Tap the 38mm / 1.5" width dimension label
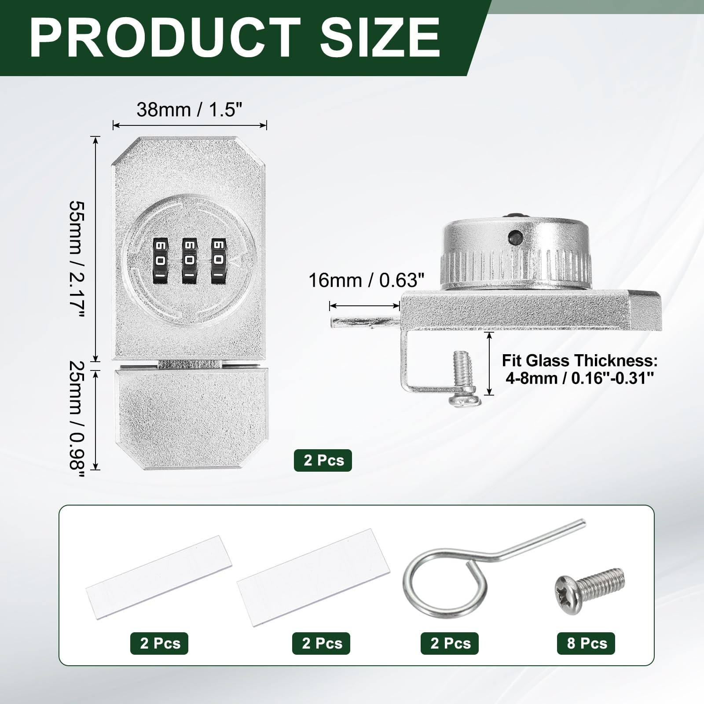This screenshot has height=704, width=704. pos(190,110)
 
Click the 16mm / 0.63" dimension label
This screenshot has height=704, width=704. pos(366,280)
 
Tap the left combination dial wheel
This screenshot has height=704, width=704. pos(161,261)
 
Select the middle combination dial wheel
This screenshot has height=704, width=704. pos(189,261)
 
